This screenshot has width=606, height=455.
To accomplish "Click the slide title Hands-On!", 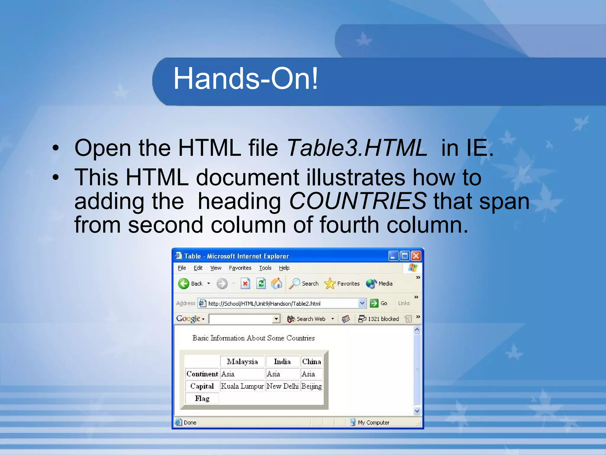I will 245,78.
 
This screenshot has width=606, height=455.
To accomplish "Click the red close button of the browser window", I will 416,256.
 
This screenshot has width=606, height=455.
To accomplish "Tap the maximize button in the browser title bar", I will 404,256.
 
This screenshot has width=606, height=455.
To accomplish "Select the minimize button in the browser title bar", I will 393,256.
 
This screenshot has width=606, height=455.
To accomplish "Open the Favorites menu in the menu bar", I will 240,268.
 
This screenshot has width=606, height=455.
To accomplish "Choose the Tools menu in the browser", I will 265,268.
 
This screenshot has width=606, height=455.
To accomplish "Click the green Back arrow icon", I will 184,284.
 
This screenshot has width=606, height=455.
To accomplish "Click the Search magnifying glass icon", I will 294,284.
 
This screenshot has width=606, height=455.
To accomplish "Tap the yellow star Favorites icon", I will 330,284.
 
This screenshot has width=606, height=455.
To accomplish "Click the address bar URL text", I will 264,304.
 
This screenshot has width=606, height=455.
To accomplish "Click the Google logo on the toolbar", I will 188,319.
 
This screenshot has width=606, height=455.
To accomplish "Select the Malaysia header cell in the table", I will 242,362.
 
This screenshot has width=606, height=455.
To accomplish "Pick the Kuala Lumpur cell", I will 242,386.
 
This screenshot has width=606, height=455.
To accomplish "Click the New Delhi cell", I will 282,386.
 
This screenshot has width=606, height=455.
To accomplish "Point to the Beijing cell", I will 311,386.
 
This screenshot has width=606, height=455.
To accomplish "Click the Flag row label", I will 202,399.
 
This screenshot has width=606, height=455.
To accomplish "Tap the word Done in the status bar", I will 190,423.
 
